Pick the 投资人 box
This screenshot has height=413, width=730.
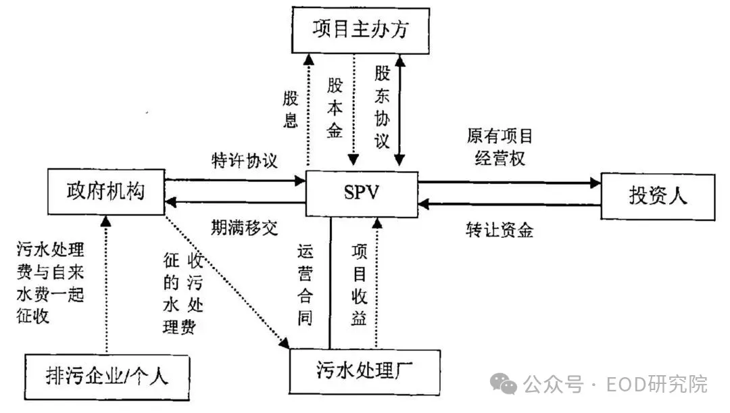click(658, 196)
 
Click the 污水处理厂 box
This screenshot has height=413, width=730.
click(364, 370)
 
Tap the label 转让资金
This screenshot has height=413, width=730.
click(500, 230)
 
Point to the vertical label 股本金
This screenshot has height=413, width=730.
click(335, 108)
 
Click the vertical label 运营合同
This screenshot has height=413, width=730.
click(305, 285)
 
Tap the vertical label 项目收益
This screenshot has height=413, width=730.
click(359, 285)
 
